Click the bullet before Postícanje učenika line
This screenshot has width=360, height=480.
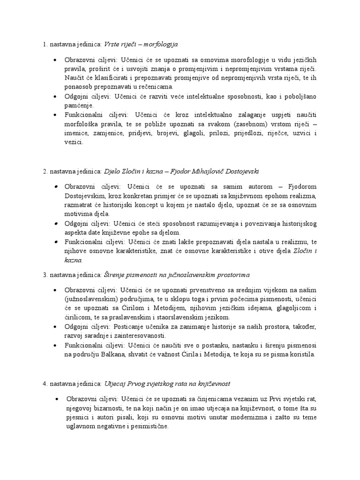click(x=55, y=327)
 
